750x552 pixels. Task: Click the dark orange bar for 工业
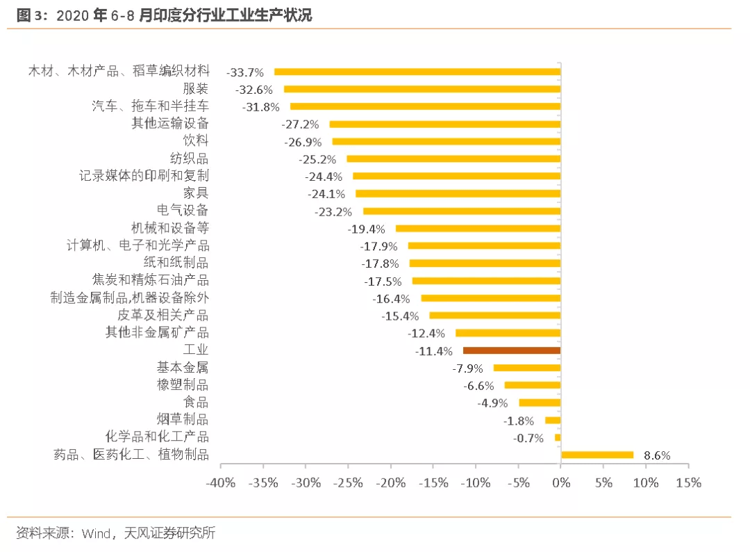tap(511, 350)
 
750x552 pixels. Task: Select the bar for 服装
tap(422, 89)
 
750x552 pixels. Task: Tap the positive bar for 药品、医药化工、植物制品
tap(597, 455)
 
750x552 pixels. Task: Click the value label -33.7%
tap(245, 72)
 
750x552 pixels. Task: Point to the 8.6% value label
tap(657, 456)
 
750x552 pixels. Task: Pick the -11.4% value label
tap(434, 351)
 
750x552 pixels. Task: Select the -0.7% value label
tap(528, 438)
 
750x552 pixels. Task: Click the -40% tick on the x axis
tap(222, 483)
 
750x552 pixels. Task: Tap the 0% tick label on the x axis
tap(560, 483)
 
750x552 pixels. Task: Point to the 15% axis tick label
tap(688, 483)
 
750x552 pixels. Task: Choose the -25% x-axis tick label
tap(349, 483)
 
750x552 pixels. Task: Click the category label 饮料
tap(195, 140)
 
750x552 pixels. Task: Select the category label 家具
tap(195, 193)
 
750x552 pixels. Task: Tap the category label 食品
tap(195, 403)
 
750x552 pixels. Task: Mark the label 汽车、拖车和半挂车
tap(150, 106)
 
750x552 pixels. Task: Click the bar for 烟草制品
tap(553, 420)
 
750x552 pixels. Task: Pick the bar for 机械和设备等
tap(478, 228)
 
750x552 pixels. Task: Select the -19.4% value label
tap(366, 229)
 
